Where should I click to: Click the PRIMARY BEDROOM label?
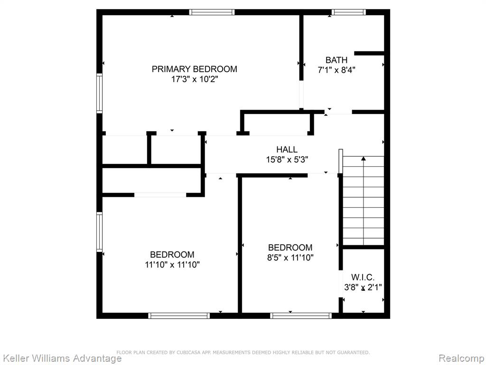point(194,69)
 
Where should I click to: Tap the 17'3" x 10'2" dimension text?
point(195,79)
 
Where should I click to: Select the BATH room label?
point(336,60)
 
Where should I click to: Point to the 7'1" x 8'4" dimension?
point(336,70)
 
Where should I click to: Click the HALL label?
point(287,150)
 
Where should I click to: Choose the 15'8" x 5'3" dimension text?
point(287,160)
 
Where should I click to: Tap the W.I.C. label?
point(363,277)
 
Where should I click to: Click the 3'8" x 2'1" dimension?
point(363,287)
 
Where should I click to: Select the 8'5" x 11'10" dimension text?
point(290,257)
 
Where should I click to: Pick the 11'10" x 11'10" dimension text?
point(172,264)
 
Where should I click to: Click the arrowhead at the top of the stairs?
point(363,159)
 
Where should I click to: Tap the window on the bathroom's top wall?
point(349,12)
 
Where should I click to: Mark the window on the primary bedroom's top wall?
point(212,12)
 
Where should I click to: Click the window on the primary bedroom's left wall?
point(99,94)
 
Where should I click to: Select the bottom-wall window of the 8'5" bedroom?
point(301,316)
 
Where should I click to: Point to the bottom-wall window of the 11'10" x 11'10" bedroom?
point(179,316)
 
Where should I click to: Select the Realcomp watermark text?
point(462,358)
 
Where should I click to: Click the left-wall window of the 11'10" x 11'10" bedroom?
point(99,232)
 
